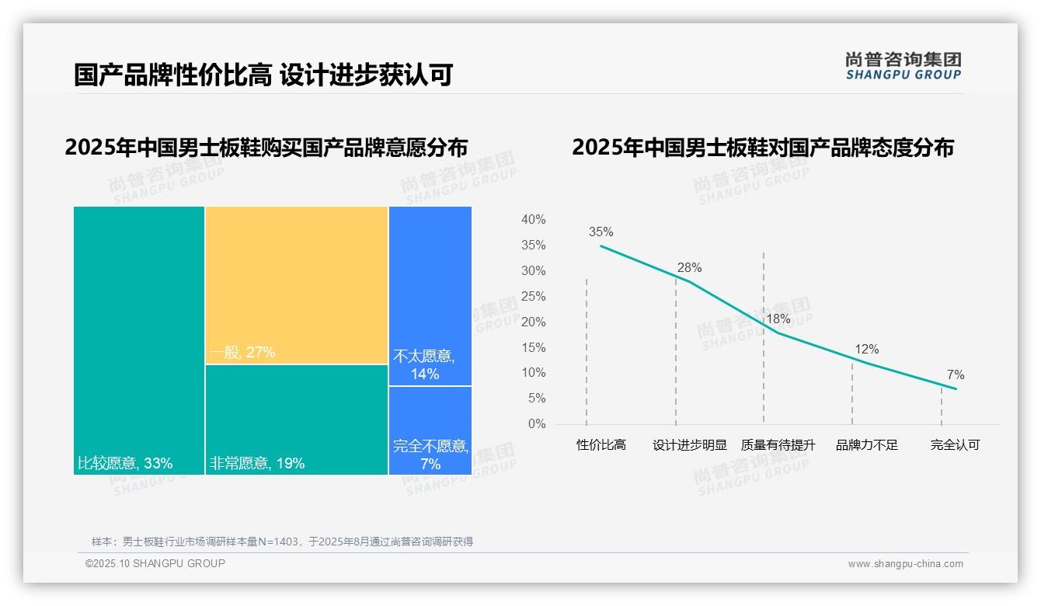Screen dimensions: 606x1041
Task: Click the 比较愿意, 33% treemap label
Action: click(x=125, y=464)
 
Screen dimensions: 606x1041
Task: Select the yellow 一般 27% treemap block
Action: click(x=296, y=285)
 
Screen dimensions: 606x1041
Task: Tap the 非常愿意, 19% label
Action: click(x=256, y=464)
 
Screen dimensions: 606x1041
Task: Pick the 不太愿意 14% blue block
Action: click(x=430, y=296)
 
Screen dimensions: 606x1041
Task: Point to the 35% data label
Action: click(x=601, y=232)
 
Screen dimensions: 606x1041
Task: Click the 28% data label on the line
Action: click(x=689, y=267)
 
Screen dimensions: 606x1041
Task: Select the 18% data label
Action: click(x=778, y=319)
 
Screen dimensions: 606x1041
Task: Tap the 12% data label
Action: click(x=866, y=350)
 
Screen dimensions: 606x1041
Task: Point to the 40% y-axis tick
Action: click(x=533, y=220)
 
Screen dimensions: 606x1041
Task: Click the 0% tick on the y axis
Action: click(x=537, y=424)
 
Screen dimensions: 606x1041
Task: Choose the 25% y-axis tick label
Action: click(x=533, y=297)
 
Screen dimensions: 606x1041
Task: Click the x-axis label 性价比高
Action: click(x=601, y=445)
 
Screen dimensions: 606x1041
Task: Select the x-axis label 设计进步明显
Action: click(x=689, y=445)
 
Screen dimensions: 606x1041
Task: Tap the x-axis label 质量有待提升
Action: click(x=778, y=445)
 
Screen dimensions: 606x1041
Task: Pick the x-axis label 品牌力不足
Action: click(x=866, y=445)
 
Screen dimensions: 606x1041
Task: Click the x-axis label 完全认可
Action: click(x=955, y=445)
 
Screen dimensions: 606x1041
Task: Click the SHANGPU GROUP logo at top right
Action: click(x=903, y=66)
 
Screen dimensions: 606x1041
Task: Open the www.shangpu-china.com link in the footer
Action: click(x=905, y=564)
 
